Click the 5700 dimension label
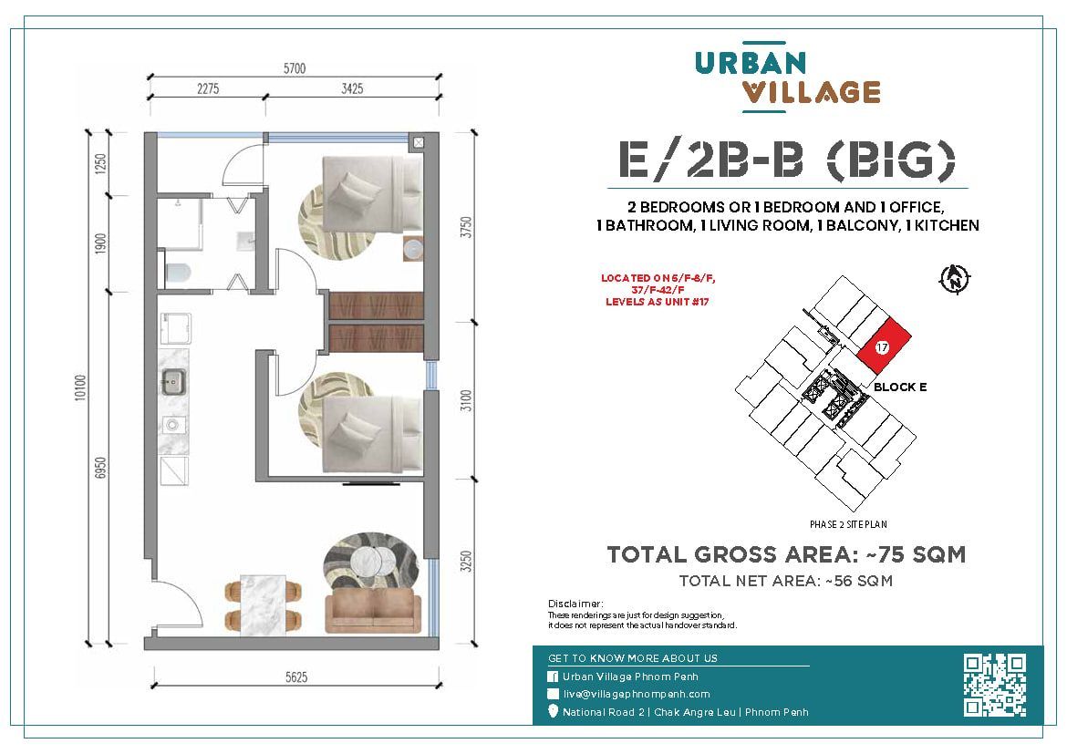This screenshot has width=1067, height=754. tap(295, 68)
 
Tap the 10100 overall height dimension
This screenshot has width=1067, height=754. tap(81, 387)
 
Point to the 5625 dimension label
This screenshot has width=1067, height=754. tap(296, 677)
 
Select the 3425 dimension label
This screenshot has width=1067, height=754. tap(352, 88)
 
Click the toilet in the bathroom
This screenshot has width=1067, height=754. tap(177, 273)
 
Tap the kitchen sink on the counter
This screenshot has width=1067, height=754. tap(173, 382)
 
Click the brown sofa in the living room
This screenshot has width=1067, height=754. tap(373, 611)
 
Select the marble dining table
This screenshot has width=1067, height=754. tap(264, 605)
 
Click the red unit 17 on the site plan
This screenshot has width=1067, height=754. tap(884, 346)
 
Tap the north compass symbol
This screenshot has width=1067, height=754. tap(955, 278)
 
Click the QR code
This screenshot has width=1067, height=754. tap(994, 685)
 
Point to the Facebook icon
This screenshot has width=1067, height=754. tap(554, 677)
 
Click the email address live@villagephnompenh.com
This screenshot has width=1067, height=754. tap(637, 694)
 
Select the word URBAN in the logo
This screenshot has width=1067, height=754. tap(750, 63)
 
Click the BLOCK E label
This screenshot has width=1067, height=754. tap(899, 387)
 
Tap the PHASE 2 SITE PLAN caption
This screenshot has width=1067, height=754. tap(848, 524)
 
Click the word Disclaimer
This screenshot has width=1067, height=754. tap(575, 604)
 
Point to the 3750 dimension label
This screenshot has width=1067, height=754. tap(465, 227)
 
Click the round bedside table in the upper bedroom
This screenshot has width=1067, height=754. tap(413, 249)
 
